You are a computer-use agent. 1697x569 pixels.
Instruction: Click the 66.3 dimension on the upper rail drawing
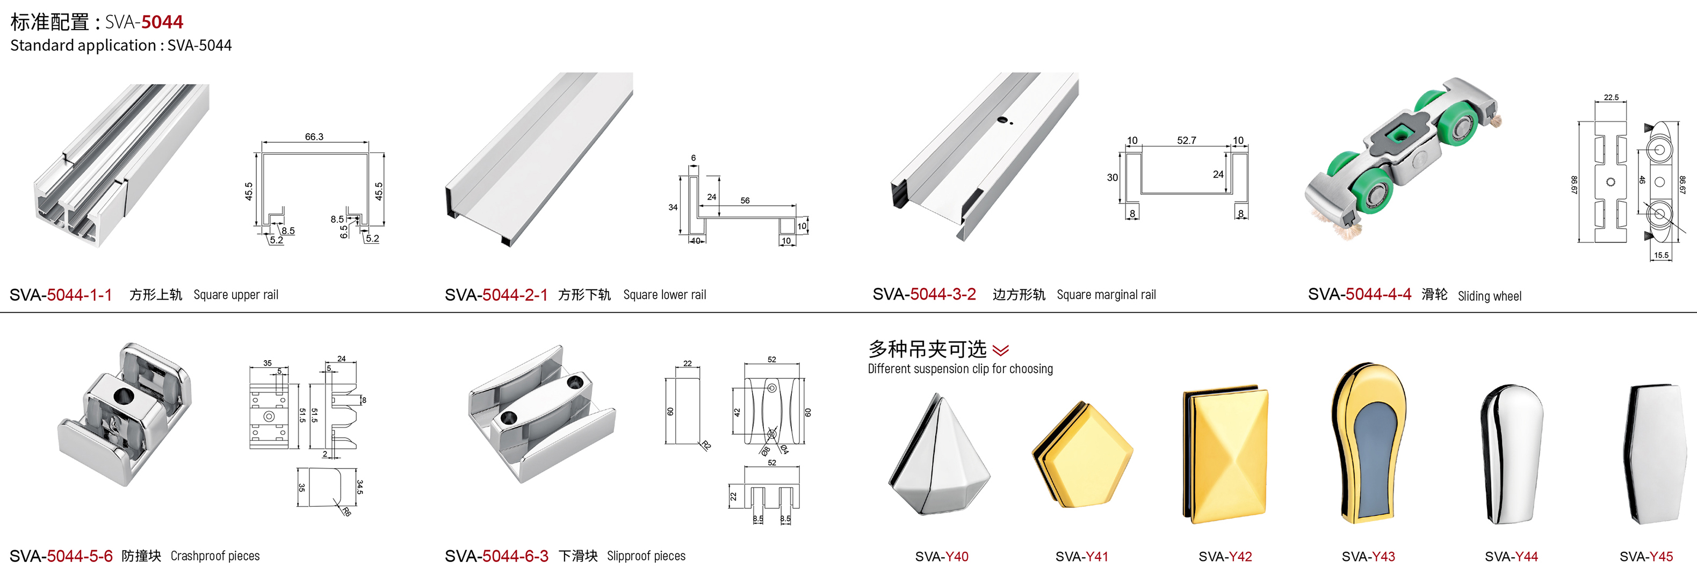(x=314, y=137)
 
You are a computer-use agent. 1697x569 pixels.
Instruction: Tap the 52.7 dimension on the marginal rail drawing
(x=1187, y=140)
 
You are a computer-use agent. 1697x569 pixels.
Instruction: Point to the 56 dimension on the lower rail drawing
(x=745, y=200)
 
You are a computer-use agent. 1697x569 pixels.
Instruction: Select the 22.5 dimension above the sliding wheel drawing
(x=1612, y=98)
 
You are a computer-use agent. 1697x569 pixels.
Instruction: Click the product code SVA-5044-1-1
(x=61, y=294)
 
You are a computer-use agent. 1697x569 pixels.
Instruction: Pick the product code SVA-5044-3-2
(x=925, y=294)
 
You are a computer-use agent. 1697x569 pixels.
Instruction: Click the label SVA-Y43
(x=1368, y=557)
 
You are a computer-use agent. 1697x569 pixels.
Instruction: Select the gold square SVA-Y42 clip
(x=1226, y=455)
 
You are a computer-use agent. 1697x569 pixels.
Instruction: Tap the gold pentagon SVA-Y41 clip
(x=1083, y=455)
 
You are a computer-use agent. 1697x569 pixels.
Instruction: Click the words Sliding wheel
(x=1490, y=296)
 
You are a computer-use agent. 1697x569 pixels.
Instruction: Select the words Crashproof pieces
(x=215, y=556)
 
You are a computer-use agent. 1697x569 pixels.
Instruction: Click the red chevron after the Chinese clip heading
(x=1000, y=349)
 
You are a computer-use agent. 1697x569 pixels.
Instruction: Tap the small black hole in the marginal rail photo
(x=1002, y=120)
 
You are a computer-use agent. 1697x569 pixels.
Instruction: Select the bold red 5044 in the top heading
(x=162, y=21)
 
